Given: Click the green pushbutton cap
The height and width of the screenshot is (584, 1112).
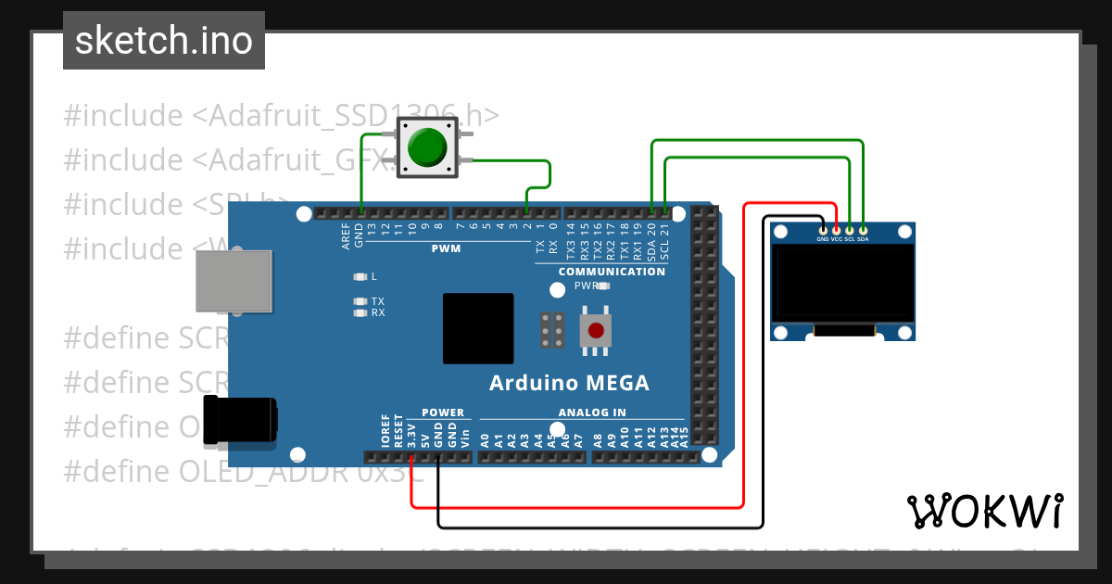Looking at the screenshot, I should point(426,147).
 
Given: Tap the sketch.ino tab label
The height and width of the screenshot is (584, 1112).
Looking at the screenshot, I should point(164,41).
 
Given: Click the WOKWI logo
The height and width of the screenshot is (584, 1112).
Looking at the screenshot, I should point(984,511).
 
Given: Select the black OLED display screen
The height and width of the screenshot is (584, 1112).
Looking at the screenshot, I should point(842,283).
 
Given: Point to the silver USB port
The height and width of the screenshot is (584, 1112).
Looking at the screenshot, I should point(234,280).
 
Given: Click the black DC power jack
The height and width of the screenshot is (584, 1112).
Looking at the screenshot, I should point(240,419).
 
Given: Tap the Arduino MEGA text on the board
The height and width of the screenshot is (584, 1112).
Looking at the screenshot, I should point(569,383).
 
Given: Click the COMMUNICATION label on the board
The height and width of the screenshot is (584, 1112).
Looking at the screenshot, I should point(612,272).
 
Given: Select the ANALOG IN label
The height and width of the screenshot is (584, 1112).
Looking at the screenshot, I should point(591,413).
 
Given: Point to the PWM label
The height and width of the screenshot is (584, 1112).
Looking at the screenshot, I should point(446,248).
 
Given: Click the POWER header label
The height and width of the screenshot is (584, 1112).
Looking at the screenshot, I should point(442,413).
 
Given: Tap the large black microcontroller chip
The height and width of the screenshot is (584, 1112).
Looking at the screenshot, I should point(478,328).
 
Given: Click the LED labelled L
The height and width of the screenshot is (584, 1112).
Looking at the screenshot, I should point(360,276).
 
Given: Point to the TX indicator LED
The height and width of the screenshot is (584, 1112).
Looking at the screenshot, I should point(360,301).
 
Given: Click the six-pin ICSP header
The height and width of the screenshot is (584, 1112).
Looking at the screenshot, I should point(553,330).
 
